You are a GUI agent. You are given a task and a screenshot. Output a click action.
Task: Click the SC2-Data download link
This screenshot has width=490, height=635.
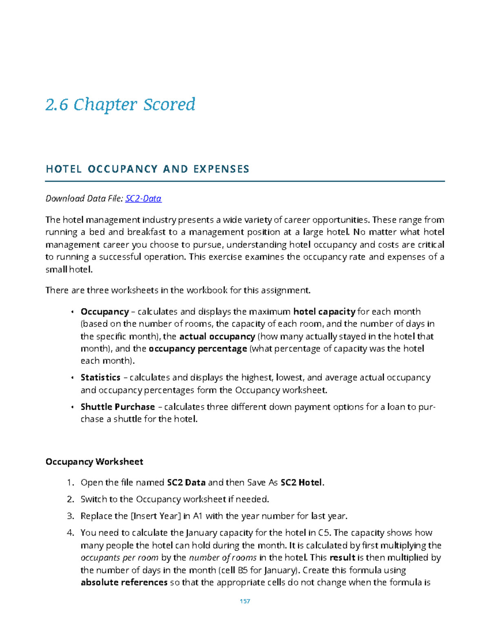(143, 199)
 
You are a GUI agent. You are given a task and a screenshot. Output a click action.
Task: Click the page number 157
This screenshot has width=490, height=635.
(245, 601)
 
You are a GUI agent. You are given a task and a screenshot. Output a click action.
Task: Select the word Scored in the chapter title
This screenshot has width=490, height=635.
(169, 104)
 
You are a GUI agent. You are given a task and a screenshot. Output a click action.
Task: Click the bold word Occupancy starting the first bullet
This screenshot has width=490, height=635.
(105, 312)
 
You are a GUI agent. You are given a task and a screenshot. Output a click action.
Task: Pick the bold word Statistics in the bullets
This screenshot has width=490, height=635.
(100, 377)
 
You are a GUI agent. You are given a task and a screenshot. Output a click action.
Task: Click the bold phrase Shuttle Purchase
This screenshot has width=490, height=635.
(118, 407)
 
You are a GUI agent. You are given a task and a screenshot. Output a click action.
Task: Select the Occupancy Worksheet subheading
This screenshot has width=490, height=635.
(94, 462)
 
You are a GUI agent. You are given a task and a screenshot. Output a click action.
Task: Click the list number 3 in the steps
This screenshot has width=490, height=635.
(70, 516)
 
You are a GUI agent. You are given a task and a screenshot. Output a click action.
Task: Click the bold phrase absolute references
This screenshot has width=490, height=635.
(124, 582)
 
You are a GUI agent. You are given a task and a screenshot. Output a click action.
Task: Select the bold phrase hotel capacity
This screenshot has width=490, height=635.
(324, 312)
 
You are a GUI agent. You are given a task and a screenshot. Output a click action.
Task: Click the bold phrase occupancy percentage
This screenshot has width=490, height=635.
(198, 349)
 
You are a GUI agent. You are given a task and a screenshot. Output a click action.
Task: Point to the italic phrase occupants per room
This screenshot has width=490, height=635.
(119, 558)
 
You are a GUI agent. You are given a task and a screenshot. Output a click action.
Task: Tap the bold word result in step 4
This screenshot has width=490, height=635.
(342, 558)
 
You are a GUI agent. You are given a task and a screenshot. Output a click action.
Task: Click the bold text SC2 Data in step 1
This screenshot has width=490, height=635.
(186, 482)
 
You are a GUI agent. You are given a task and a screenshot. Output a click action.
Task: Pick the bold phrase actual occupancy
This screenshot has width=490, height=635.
(217, 337)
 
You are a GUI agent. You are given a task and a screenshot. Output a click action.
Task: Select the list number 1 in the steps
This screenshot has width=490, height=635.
(70, 482)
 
